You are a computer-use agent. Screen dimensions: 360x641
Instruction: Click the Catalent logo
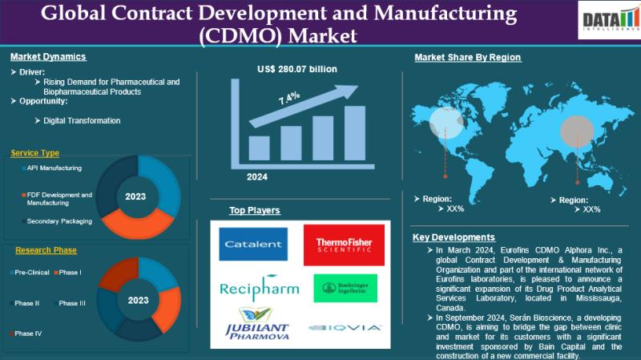coord(253,244)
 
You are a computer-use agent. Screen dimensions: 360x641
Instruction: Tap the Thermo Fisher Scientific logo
coord(338,245)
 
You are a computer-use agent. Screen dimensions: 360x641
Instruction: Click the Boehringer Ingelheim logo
coord(338,288)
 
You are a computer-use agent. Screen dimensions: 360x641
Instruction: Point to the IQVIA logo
coord(338,327)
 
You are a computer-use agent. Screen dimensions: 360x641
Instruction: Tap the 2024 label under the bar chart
coord(257,176)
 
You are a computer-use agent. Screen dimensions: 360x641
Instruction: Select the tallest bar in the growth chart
coord(355,133)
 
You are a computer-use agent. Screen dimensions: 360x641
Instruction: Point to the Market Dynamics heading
coord(48,57)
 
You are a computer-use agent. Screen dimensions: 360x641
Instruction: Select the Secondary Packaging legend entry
coord(58,221)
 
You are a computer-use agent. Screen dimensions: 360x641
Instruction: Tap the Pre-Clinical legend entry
coord(31,273)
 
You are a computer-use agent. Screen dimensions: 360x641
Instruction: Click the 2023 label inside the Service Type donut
coord(137,195)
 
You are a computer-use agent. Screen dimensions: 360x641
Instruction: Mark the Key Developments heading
coord(454,237)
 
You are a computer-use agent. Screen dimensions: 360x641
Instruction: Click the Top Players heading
coord(255,211)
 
